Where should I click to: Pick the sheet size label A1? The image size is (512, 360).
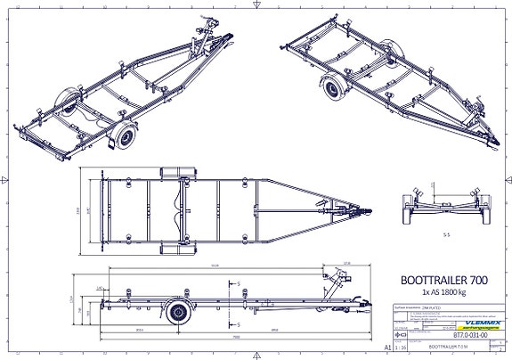click(386, 348)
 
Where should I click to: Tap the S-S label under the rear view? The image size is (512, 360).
click(445, 234)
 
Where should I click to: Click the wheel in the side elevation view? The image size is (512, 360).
click(181, 314)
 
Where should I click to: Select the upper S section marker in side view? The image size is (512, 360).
click(240, 284)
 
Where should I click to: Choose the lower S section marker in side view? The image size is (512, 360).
click(240, 326)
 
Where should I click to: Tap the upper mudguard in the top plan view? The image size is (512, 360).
click(176, 174)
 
